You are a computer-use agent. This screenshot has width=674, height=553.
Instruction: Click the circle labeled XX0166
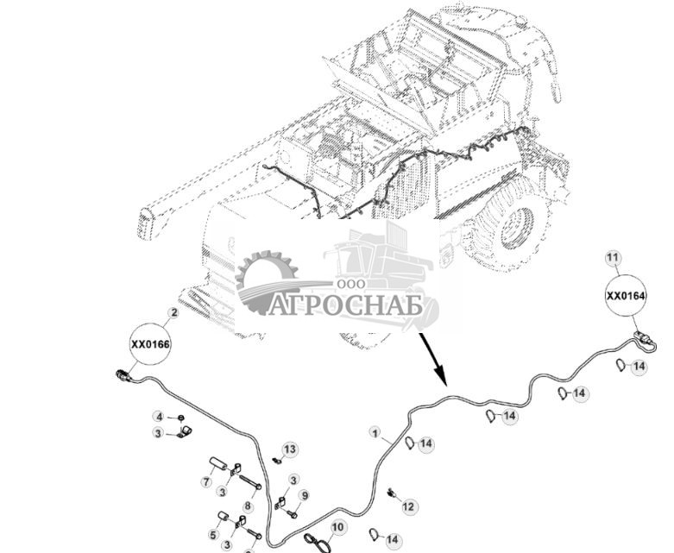point(151,343)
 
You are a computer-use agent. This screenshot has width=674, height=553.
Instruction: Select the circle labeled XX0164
point(626,296)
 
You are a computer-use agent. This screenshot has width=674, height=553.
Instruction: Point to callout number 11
point(612,258)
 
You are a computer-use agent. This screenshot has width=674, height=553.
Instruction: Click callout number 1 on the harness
point(375,431)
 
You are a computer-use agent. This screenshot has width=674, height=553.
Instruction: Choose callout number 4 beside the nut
point(159,418)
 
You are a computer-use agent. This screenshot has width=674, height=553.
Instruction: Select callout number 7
point(206,481)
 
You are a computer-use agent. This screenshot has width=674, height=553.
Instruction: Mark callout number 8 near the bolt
point(248,506)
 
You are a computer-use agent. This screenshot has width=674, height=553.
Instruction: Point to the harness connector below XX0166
point(125,375)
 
